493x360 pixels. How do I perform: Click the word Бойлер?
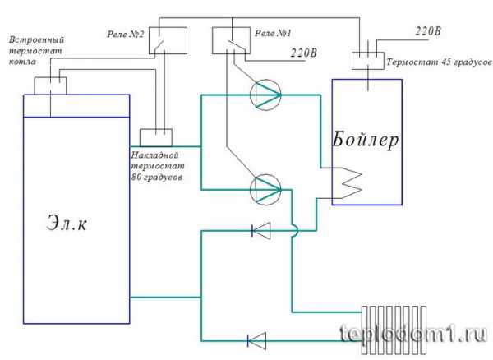[366, 140]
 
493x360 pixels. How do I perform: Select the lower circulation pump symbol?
[265, 188]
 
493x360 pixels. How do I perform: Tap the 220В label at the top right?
[429, 30]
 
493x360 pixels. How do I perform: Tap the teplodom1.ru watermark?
[412, 334]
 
